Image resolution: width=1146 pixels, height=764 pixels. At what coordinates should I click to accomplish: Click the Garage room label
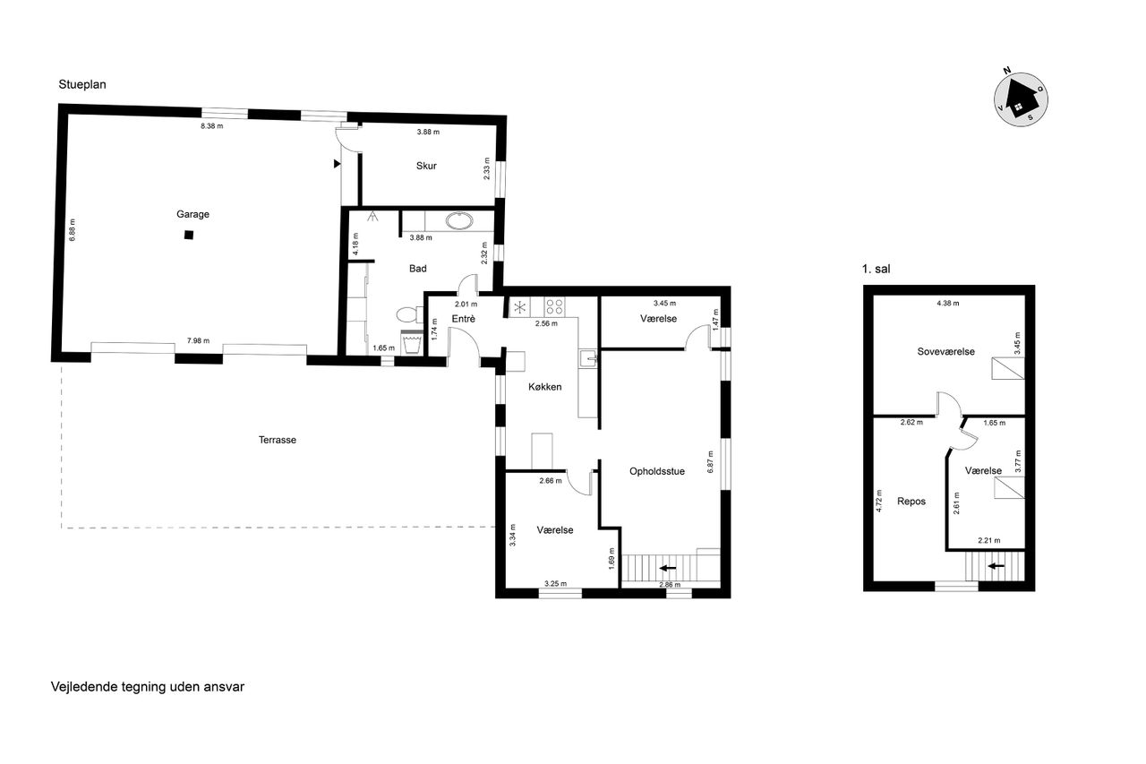[x=192, y=214]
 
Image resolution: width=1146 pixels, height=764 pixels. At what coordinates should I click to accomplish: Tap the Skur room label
[x=426, y=166]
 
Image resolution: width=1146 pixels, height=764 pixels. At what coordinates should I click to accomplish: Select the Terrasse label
[x=278, y=440]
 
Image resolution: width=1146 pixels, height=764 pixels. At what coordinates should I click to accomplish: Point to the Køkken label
[x=545, y=387]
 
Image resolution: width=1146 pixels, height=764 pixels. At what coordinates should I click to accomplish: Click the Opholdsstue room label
[x=657, y=471]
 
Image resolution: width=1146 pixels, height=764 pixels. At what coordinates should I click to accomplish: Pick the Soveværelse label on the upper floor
[x=946, y=352]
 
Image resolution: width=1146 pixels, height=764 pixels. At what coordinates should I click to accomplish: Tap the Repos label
[x=911, y=502]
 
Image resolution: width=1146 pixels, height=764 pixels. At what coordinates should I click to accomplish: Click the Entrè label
[x=464, y=319]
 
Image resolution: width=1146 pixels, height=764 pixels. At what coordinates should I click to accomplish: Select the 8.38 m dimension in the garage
[x=212, y=126]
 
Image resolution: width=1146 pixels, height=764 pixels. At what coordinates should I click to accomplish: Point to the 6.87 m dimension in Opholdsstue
[x=710, y=461]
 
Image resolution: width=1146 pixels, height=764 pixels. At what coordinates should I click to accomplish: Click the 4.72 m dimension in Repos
[x=879, y=501]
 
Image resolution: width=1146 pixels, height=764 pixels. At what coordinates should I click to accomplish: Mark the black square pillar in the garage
[x=189, y=236]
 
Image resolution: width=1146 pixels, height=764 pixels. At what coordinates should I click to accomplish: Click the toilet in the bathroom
[x=409, y=314]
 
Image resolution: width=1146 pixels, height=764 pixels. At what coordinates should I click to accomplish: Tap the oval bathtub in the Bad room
[x=459, y=221]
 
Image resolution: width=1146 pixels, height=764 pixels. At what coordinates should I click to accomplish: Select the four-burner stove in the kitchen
[x=554, y=307]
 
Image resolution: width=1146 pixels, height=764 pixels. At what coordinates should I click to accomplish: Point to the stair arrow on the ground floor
[x=668, y=568]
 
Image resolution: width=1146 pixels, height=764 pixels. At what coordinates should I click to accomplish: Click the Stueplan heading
[x=82, y=84]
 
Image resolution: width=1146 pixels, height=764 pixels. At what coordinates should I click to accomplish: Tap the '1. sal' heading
[x=876, y=270]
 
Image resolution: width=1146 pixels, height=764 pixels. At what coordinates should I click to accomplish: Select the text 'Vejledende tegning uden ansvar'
[x=148, y=687]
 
